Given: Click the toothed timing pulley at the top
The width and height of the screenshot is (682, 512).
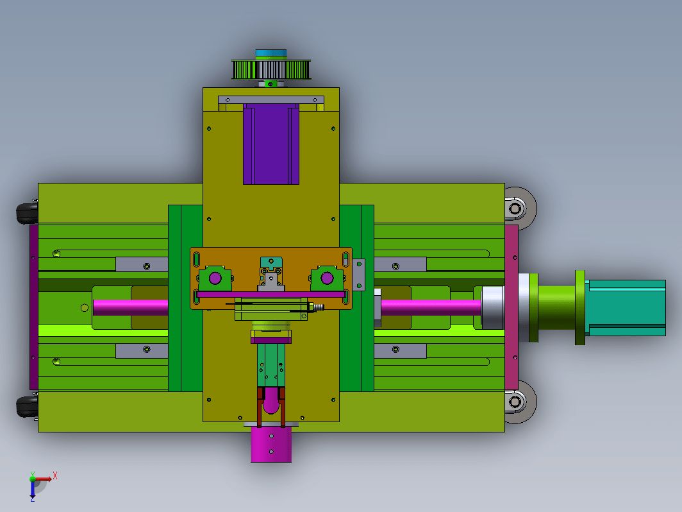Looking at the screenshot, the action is tap(271, 70).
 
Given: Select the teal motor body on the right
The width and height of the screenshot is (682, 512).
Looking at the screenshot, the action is tap(625, 308).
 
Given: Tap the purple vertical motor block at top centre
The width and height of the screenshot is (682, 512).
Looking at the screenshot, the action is tap(271, 144).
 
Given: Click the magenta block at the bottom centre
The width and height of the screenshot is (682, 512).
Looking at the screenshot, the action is tap(271, 444).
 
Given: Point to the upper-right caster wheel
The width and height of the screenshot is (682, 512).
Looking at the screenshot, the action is tap(520, 209).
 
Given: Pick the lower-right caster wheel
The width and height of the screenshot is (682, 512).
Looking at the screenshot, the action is tap(520, 402).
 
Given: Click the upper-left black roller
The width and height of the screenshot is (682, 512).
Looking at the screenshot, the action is tap(27, 212).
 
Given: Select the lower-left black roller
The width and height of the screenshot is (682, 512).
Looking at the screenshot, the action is tap(27, 407).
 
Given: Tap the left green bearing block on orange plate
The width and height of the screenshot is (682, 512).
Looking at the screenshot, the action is tap(215, 278).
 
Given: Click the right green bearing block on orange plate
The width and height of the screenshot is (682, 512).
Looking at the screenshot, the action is tap(327, 278).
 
